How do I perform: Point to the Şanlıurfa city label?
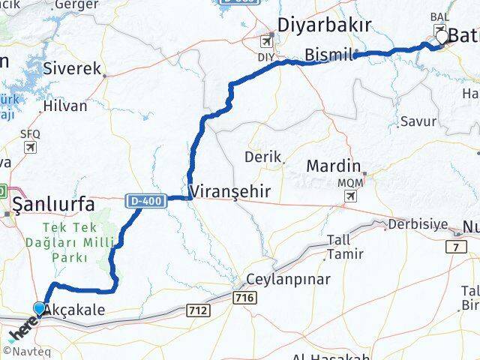point(52,204)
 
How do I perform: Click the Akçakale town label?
point(74,309)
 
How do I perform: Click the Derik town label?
point(262,157)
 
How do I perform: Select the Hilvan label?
point(66,106)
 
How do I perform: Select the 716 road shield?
point(244,298)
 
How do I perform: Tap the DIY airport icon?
point(267,41)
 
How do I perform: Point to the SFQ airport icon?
point(30,146)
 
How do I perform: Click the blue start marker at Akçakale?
point(40,307)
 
